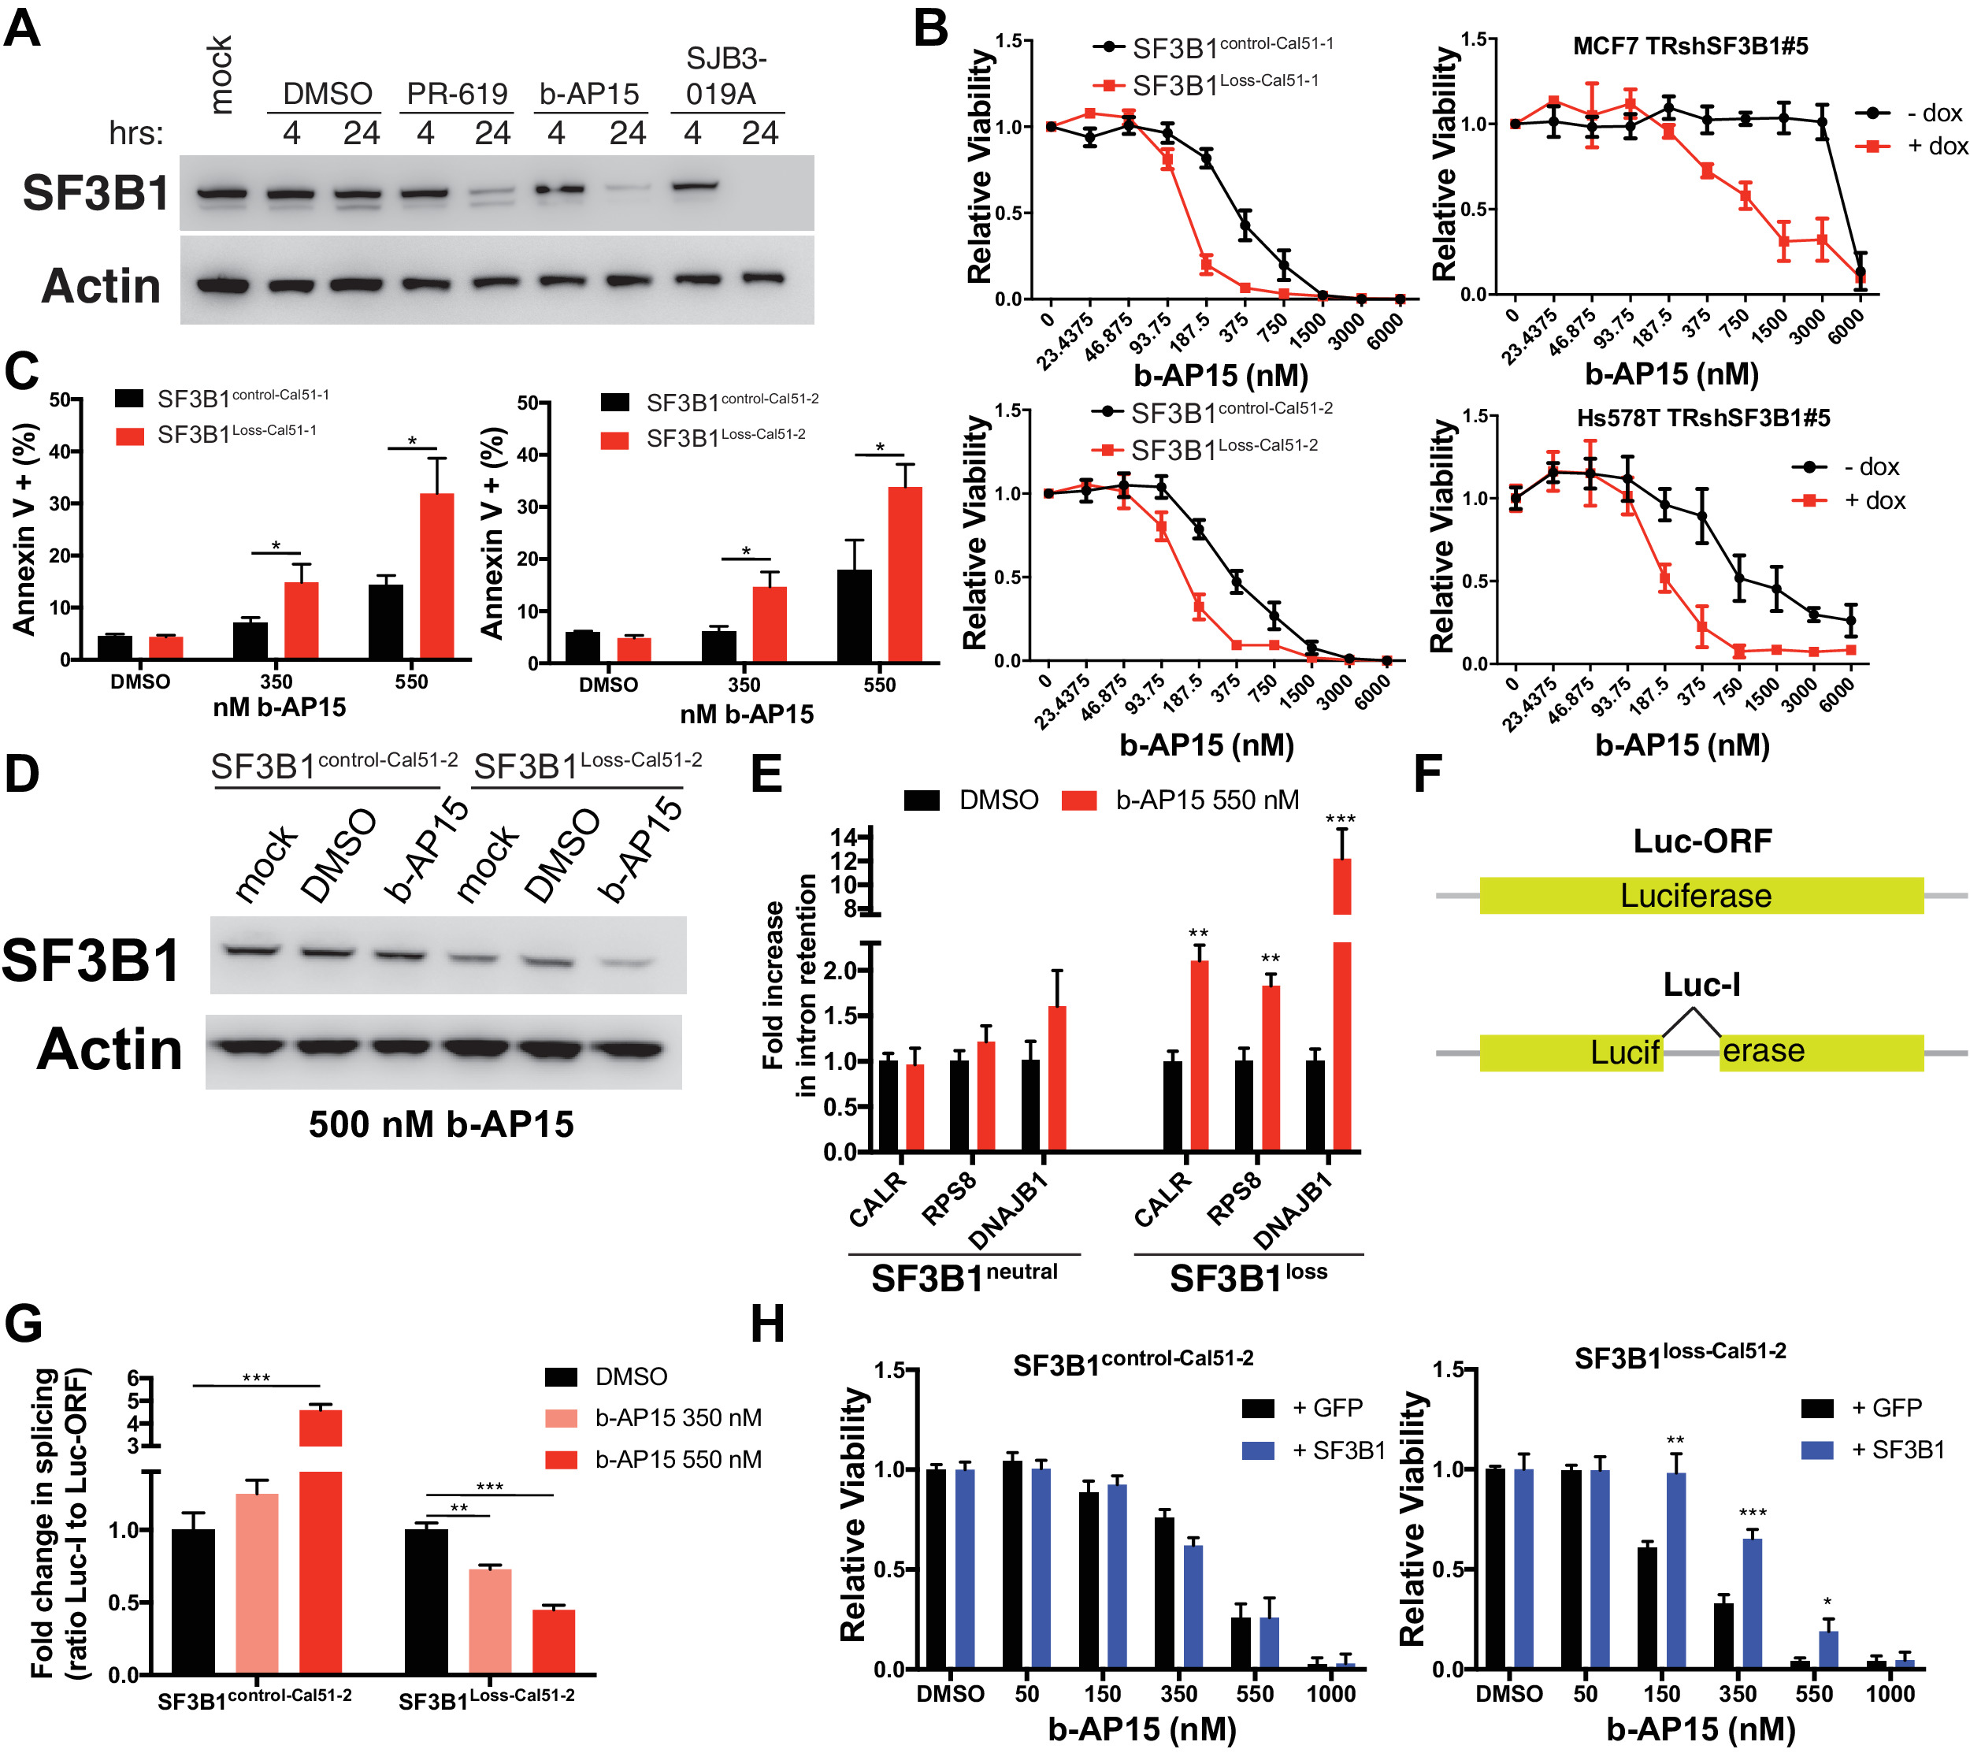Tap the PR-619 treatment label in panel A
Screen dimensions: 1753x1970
pyautogui.click(x=456, y=94)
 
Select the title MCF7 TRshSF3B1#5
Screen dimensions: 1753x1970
pyautogui.click(x=1690, y=46)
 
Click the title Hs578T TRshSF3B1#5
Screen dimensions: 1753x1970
pyautogui.click(x=1703, y=418)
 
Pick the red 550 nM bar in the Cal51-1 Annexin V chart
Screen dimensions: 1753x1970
pyautogui.click(x=436, y=576)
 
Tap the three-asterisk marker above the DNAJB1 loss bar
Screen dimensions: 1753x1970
pyautogui.click(x=1340, y=819)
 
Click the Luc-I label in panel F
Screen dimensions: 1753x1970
pyautogui.click(x=1701, y=985)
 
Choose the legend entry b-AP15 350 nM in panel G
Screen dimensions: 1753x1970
pyautogui.click(x=677, y=1417)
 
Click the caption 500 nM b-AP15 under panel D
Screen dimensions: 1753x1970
pyautogui.click(x=440, y=1124)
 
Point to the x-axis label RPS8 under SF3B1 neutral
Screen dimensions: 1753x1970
pyautogui.click(x=949, y=1198)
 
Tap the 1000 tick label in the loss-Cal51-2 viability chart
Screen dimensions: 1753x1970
pyautogui.click(x=1889, y=1693)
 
